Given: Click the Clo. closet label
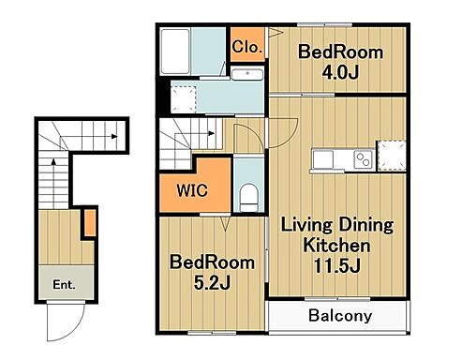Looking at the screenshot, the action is point(246,47).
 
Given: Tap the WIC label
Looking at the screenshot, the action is point(192,190).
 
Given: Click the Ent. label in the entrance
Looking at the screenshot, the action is point(64,285).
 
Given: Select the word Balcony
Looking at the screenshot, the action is point(340,316).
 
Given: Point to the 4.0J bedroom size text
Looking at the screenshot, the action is point(340,73).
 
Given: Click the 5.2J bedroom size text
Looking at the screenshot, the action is point(213,283).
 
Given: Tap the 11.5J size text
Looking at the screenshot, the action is point(337,266).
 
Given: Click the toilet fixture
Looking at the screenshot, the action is point(249,198).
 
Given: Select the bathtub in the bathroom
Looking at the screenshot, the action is point(175,52).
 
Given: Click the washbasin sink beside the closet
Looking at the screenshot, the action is point(247,74).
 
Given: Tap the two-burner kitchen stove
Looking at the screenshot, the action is point(364,159).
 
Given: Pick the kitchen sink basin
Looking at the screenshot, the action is point(322,159).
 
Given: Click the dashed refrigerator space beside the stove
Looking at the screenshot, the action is point(392,156).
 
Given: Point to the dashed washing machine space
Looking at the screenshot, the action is point(183,99).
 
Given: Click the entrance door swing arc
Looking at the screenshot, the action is point(78,330).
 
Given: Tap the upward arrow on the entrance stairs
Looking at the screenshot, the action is point(53,184).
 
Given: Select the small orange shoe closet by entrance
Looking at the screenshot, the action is point(90,223).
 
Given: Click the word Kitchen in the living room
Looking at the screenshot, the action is point(336,246).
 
